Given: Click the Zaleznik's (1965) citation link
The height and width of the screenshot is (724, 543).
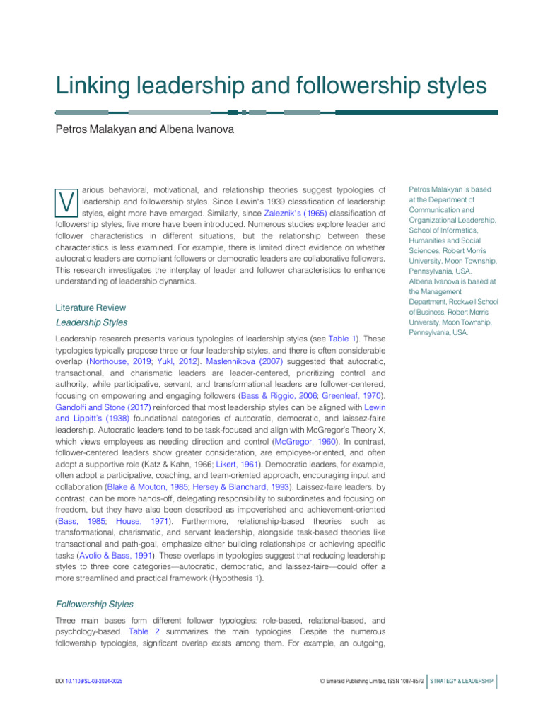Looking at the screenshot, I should (x=286, y=213).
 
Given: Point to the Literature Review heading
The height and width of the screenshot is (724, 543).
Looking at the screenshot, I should (x=90, y=308).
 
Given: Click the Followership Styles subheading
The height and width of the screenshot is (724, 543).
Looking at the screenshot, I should (x=94, y=605).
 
